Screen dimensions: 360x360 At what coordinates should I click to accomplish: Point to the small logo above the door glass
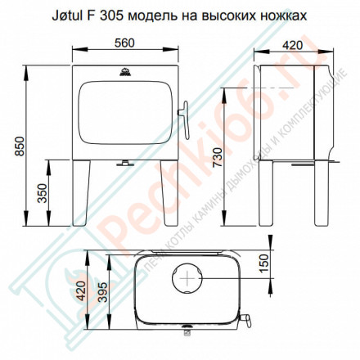(124, 76)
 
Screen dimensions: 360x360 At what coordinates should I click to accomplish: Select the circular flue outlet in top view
(189, 278)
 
